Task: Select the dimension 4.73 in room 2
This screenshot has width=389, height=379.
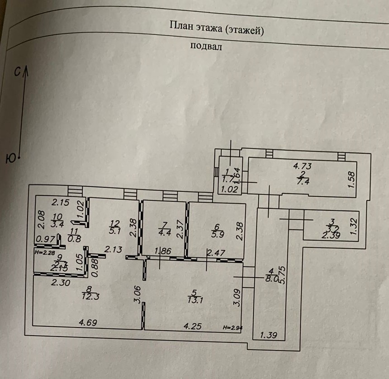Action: (x=303, y=166)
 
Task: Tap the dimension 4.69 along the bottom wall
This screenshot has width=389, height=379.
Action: (x=88, y=322)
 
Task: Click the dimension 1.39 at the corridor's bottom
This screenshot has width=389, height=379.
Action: (x=269, y=335)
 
